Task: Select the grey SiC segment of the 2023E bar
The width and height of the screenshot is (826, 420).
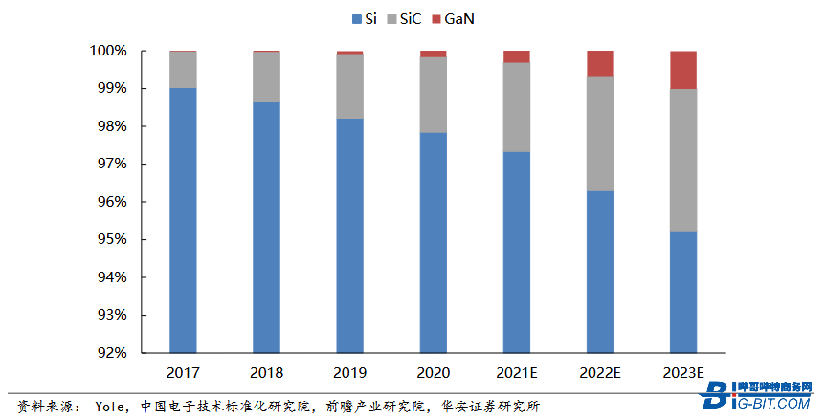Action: (x=682, y=160)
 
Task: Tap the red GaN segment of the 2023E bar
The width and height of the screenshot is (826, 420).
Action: (x=682, y=70)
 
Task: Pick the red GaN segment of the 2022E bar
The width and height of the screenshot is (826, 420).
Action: (x=600, y=63)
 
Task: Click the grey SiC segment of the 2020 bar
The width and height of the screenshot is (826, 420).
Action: (x=433, y=95)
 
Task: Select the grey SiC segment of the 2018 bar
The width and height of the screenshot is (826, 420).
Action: (x=266, y=77)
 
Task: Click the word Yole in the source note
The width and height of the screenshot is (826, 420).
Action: (x=111, y=404)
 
